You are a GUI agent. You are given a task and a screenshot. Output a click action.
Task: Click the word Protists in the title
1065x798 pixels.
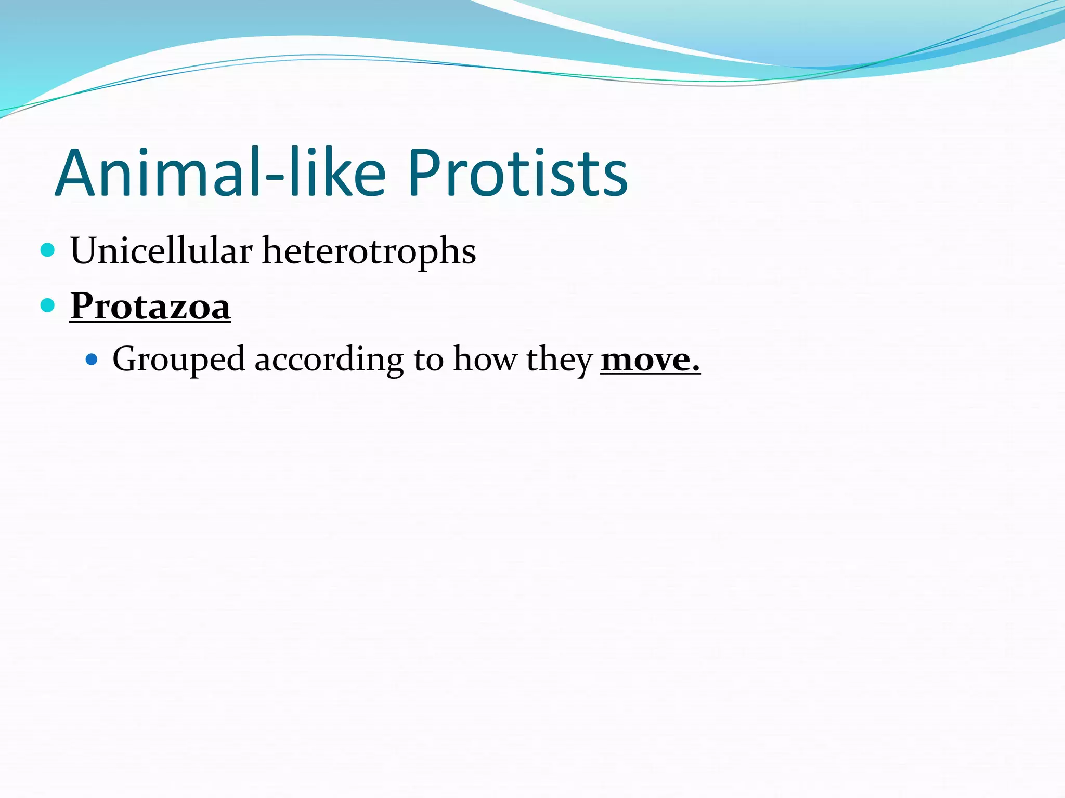[x=517, y=173]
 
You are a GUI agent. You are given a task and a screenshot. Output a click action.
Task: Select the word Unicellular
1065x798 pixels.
[x=161, y=251]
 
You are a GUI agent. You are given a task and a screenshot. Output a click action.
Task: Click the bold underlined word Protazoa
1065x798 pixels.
[x=150, y=306]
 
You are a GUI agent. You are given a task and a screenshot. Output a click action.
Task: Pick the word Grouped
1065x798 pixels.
[x=178, y=360]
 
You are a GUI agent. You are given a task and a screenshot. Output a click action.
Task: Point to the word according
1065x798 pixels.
[x=329, y=360]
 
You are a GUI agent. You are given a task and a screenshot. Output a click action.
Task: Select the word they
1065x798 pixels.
[x=559, y=360]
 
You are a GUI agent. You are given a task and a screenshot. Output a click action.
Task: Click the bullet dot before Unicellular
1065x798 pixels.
[x=47, y=250]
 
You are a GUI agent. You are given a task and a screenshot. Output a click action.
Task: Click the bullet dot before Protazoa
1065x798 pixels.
[x=47, y=305]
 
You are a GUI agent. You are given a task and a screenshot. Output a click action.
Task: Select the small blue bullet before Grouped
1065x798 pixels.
[x=92, y=359]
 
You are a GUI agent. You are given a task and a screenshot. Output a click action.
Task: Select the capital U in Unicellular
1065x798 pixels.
[x=85, y=251]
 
